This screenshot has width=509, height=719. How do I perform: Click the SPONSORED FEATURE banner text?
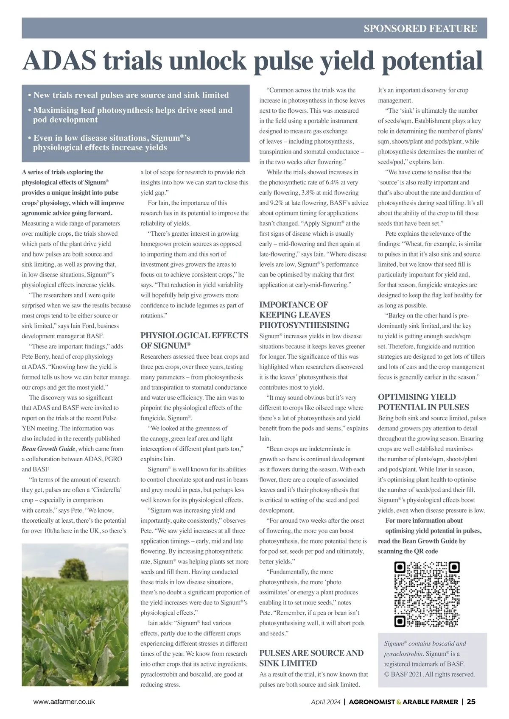(420, 28)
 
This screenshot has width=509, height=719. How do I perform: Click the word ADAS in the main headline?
(59, 61)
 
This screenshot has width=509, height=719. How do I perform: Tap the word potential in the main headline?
(428, 61)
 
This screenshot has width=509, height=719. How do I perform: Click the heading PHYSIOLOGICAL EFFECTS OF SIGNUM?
(194, 340)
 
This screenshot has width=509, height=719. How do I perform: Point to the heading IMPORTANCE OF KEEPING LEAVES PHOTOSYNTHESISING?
(304, 315)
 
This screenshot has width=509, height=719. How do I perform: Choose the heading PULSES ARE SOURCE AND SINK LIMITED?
(311, 658)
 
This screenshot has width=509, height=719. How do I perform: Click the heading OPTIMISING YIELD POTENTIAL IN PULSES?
(423, 402)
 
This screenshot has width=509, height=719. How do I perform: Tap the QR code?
(427, 594)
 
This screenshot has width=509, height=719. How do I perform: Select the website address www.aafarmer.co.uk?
(64, 702)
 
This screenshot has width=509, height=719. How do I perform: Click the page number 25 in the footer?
(471, 702)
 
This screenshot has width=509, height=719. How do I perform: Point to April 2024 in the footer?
(326, 702)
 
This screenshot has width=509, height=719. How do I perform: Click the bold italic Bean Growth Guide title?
(49, 449)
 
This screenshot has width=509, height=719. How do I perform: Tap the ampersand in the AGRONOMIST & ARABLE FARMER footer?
(399, 702)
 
